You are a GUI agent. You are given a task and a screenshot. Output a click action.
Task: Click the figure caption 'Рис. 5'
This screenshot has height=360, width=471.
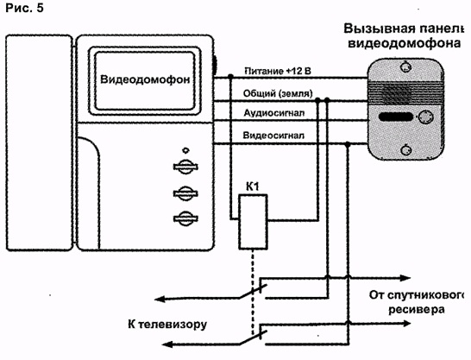(25, 8)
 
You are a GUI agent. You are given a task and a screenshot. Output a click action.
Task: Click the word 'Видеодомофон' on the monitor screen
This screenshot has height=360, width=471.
(145, 79)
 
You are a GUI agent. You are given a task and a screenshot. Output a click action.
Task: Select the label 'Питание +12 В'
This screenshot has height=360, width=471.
(278, 71)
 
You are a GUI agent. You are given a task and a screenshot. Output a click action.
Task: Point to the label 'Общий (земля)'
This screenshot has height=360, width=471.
(278, 93)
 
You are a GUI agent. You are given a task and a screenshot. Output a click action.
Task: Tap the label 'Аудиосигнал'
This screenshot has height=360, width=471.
(274, 113)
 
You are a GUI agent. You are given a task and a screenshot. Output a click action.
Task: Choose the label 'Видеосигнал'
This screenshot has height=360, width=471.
(273, 136)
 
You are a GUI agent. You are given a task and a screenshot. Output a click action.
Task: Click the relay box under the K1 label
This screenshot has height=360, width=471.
(253, 222)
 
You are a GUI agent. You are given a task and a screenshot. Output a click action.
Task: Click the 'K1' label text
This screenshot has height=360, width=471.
(252, 187)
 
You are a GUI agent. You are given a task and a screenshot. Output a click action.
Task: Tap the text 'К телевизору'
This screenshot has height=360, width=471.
(167, 325)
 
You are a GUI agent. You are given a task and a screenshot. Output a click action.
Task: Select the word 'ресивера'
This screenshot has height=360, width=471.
(417, 310)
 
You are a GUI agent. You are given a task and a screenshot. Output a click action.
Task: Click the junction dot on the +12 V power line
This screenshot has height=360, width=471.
(230, 76)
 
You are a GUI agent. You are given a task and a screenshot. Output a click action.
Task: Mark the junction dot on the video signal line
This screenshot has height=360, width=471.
(348, 144)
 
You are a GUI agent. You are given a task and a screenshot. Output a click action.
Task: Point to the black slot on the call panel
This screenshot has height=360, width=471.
(396, 117)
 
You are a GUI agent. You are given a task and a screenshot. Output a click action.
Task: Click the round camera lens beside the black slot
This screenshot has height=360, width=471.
(425, 117)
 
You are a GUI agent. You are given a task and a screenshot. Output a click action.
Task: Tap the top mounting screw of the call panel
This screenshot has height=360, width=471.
(405, 66)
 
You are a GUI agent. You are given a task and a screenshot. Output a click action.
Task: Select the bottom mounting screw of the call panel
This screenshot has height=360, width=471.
(405, 149)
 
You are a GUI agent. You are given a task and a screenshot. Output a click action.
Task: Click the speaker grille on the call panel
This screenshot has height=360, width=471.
(405, 92)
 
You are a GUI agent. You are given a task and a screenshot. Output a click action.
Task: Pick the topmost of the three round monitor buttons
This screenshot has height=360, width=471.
(185, 166)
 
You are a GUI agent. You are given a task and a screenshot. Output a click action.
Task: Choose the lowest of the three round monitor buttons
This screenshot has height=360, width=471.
(185, 218)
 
